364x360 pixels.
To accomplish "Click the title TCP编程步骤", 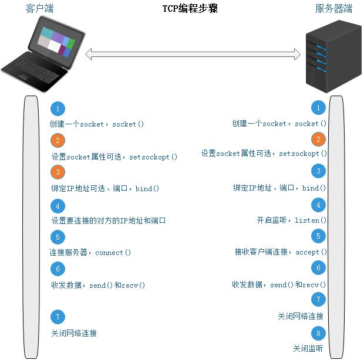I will pos(190,9).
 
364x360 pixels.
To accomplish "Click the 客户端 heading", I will pos(41,8).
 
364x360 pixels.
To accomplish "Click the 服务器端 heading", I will pos(333,8).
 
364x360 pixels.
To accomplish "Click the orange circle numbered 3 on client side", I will pos(58,172).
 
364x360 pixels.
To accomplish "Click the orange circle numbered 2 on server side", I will pos(318,140).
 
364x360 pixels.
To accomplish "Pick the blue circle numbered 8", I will pos(318,334).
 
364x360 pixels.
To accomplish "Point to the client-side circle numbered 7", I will pos(58,317).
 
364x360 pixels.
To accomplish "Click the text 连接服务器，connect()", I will pos(90,253).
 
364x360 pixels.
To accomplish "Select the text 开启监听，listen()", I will pos(291,220).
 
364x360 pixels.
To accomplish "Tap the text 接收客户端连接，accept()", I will pos(281,252).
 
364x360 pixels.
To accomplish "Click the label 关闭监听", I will pos(308,348).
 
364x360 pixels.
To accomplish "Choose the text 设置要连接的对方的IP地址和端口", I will pos(109,220).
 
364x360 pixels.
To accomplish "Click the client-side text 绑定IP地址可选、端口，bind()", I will pos(106,189).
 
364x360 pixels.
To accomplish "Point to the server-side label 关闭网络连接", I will pos(301,316).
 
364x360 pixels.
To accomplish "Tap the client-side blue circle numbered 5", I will pos(58,237).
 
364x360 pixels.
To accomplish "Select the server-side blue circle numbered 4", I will pos(318,205).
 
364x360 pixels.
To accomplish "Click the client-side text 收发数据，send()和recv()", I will pos(98,285).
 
